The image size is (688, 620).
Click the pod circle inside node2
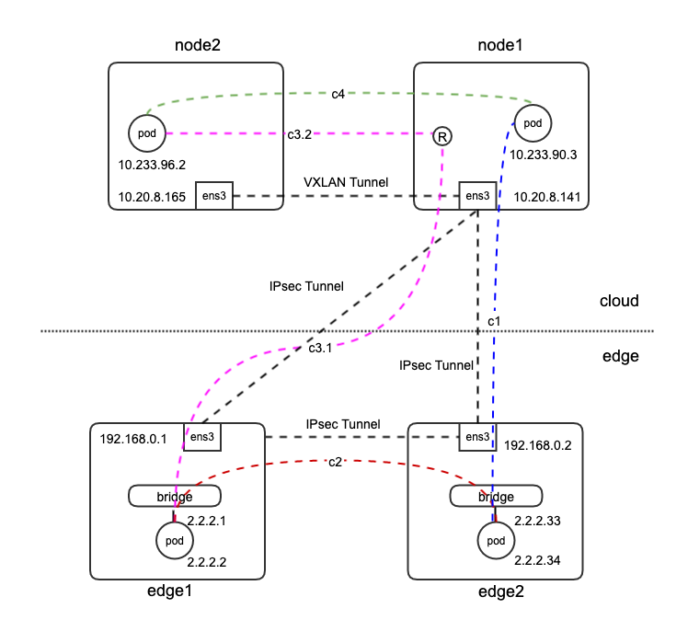tap(147, 134)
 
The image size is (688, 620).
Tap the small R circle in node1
tap(443, 136)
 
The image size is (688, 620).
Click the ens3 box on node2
tap(213, 195)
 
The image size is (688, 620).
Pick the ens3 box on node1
tap(476, 195)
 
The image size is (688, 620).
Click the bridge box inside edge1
tap(175, 496)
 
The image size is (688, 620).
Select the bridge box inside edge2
tap(495, 496)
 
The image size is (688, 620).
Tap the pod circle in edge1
tap(174, 539)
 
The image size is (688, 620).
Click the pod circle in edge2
tap(495, 541)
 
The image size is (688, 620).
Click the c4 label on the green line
tap(339, 94)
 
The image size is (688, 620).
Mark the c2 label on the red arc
tap(337, 463)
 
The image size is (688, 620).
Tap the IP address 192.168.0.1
tap(131, 439)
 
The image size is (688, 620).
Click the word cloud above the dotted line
tap(619, 301)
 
